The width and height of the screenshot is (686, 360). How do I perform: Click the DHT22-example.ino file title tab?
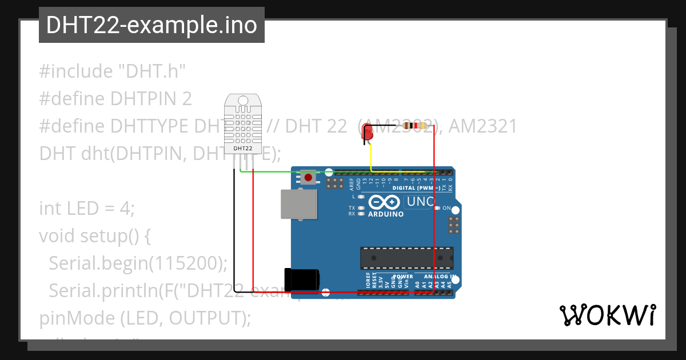click(x=151, y=25)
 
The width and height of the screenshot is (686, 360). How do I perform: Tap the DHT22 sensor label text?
click(x=243, y=149)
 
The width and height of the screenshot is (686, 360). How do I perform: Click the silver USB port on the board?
click(x=298, y=204)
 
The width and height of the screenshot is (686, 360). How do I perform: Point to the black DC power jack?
click(x=302, y=279)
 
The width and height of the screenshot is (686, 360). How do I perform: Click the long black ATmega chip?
click(x=406, y=258)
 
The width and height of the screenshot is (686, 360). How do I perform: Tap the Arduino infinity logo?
click(x=384, y=202)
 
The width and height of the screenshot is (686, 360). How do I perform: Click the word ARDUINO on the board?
click(x=386, y=214)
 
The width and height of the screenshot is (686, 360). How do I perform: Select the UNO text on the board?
click(x=420, y=202)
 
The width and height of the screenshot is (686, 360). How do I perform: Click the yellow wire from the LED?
click(x=372, y=157)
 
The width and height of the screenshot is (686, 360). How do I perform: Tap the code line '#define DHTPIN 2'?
click(x=115, y=99)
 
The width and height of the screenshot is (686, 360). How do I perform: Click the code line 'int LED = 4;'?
click(x=86, y=209)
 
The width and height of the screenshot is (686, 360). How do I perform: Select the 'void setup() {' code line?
click(x=94, y=235)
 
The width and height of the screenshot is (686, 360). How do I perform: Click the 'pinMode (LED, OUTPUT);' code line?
click(x=145, y=318)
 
